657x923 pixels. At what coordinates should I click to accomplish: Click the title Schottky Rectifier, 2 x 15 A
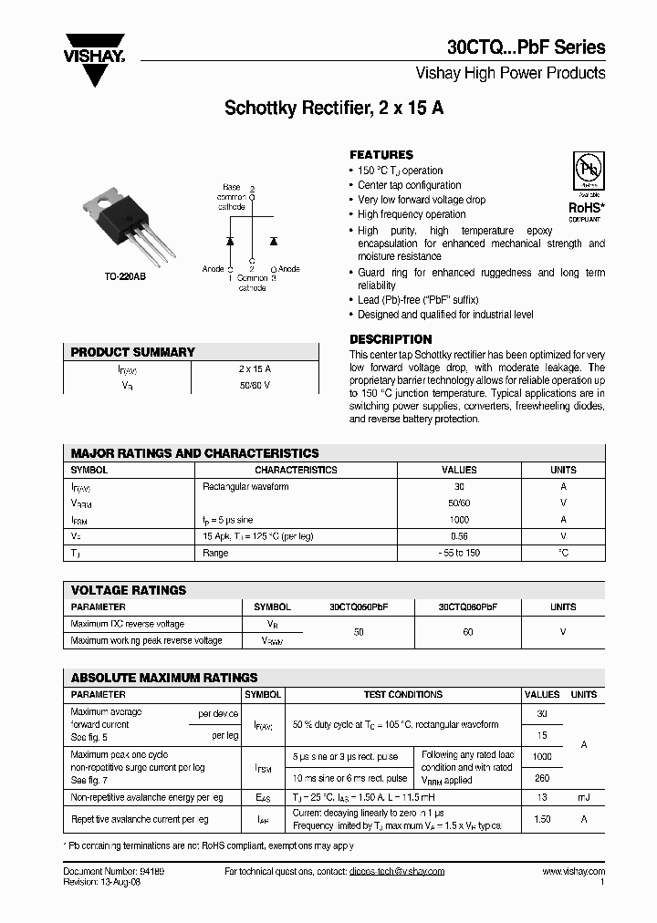(x=334, y=108)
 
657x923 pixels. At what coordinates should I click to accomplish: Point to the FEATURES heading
(x=381, y=155)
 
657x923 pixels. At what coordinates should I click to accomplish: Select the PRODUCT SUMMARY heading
(x=133, y=352)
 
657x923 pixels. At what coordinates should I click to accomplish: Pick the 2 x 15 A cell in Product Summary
(x=255, y=368)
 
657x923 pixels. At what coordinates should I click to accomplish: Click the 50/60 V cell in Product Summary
(x=255, y=386)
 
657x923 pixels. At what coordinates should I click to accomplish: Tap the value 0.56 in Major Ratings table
(x=458, y=536)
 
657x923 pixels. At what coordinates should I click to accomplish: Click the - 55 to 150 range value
(x=458, y=554)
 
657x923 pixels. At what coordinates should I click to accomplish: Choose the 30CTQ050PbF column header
(x=359, y=607)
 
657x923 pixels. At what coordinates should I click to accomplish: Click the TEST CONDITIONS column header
(x=402, y=694)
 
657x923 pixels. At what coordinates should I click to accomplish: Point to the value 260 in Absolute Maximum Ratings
(x=542, y=778)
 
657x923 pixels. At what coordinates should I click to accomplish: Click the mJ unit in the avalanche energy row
(x=583, y=797)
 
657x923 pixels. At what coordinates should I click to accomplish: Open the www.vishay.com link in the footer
(x=573, y=872)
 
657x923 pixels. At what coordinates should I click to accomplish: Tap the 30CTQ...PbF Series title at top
(x=526, y=47)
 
